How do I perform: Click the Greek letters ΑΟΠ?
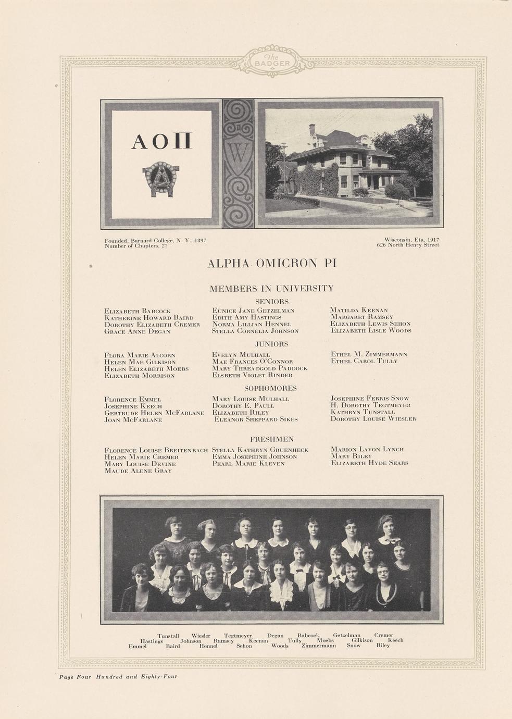click(161, 142)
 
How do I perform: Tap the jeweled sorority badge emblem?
click(161, 178)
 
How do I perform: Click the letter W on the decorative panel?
click(238, 153)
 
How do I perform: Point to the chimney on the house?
click(312, 129)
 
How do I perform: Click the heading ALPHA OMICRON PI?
click(272, 264)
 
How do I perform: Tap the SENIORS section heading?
click(272, 302)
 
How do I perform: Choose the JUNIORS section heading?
click(272, 344)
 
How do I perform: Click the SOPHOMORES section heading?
click(271, 389)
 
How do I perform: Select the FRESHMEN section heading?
click(272, 440)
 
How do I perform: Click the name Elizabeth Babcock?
click(138, 311)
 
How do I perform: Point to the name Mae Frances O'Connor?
click(253, 362)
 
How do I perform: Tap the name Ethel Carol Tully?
click(364, 361)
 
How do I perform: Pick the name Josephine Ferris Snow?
click(370, 399)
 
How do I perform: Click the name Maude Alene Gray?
click(138, 471)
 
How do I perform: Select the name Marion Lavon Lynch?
click(368, 449)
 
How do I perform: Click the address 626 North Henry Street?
click(408, 245)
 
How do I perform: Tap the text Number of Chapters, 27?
click(136, 246)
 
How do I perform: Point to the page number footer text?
click(118, 677)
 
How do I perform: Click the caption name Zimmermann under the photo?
click(319, 646)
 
